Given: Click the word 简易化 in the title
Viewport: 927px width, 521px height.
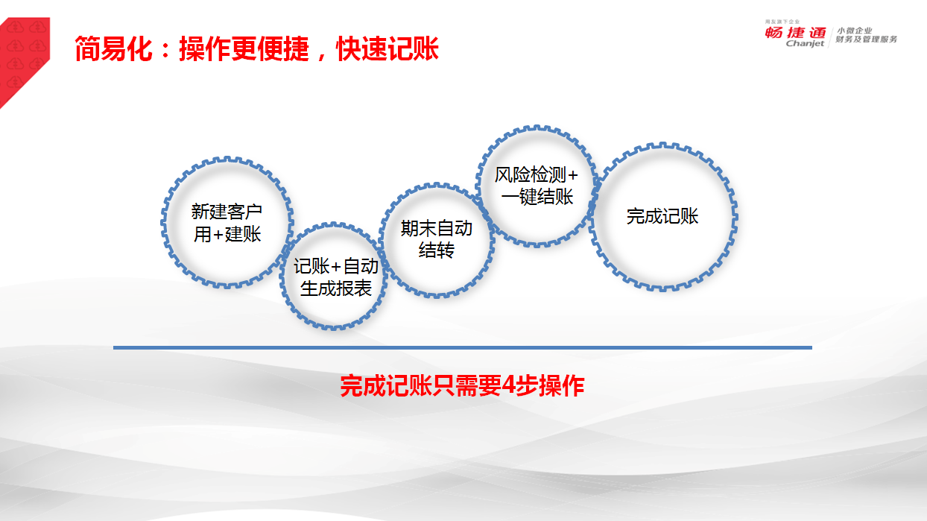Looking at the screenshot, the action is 114,49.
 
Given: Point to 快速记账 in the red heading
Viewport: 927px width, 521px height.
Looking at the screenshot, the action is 387,49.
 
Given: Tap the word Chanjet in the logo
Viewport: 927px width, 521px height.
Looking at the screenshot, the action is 805,43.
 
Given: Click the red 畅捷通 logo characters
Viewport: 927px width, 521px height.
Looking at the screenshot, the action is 795,32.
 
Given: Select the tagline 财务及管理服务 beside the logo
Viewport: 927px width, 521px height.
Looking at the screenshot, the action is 866,40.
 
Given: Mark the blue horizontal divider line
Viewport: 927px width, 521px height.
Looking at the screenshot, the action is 463,347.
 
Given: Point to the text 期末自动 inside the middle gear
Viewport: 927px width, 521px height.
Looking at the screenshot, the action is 437,228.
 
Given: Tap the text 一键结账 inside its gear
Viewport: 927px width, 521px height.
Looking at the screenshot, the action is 537,197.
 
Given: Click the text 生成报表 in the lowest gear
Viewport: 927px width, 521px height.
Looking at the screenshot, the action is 335,288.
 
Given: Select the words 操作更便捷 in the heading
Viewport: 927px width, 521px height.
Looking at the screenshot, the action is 244,49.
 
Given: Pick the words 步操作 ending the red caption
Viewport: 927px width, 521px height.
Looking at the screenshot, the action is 551,385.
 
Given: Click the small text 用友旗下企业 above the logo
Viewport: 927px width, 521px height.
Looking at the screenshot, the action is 782,22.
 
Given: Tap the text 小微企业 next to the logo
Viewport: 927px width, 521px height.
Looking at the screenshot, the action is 854,31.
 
